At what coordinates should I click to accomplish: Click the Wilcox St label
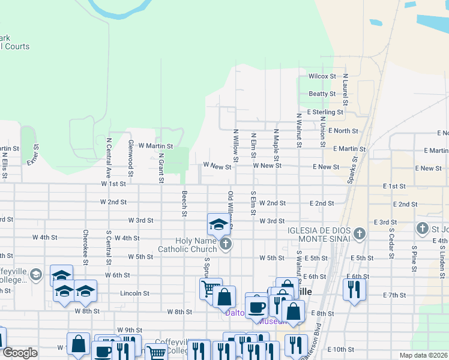coord(322,76)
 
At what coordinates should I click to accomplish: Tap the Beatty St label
coord(322,94)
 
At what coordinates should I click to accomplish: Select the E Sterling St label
coord(325,112)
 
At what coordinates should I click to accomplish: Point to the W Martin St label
coord(155,146)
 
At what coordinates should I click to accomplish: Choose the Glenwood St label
coord(130,155)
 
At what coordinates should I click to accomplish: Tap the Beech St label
coord(184,204)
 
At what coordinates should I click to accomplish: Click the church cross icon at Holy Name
coord(226,244)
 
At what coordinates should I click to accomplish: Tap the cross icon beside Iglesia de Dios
coord(360,233)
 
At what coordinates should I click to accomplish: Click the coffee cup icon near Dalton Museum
coord(256,306)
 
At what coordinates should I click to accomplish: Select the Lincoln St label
coord(134,293)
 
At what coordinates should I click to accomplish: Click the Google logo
coord(20,353)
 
